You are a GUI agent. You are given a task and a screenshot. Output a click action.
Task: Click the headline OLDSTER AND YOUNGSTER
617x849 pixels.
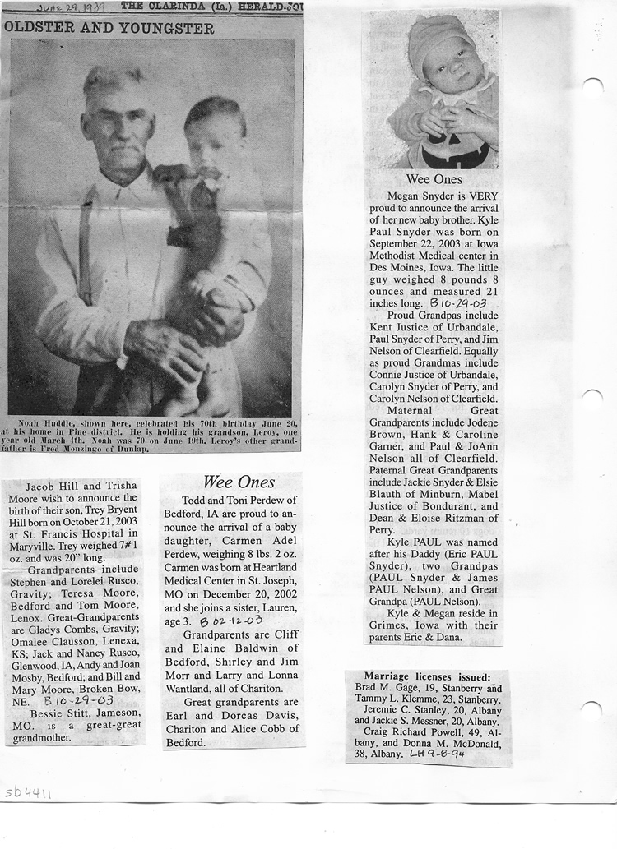tap(109, 28)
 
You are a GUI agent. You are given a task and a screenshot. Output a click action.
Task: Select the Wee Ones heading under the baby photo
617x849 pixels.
tap(434, 179)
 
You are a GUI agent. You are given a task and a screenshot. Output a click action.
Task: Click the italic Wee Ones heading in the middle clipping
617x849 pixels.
tap(239, 482)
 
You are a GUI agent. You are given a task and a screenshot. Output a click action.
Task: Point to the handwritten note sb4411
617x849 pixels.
tap(28, 792)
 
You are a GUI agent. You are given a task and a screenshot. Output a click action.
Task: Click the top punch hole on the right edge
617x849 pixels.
tap(592, 86)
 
